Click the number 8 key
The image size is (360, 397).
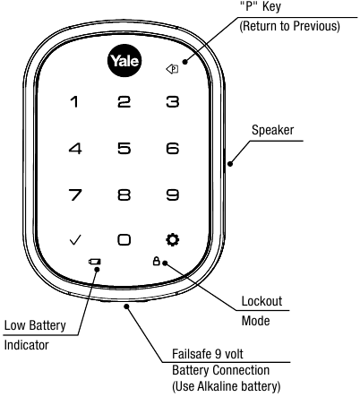click(124, 194)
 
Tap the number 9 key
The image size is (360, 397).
click(172, 194)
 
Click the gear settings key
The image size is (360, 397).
click(172, 239)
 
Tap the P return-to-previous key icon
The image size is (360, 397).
click(173, 65)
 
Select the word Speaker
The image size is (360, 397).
click(274, 127)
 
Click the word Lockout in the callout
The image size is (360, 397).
click(262, 301)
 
